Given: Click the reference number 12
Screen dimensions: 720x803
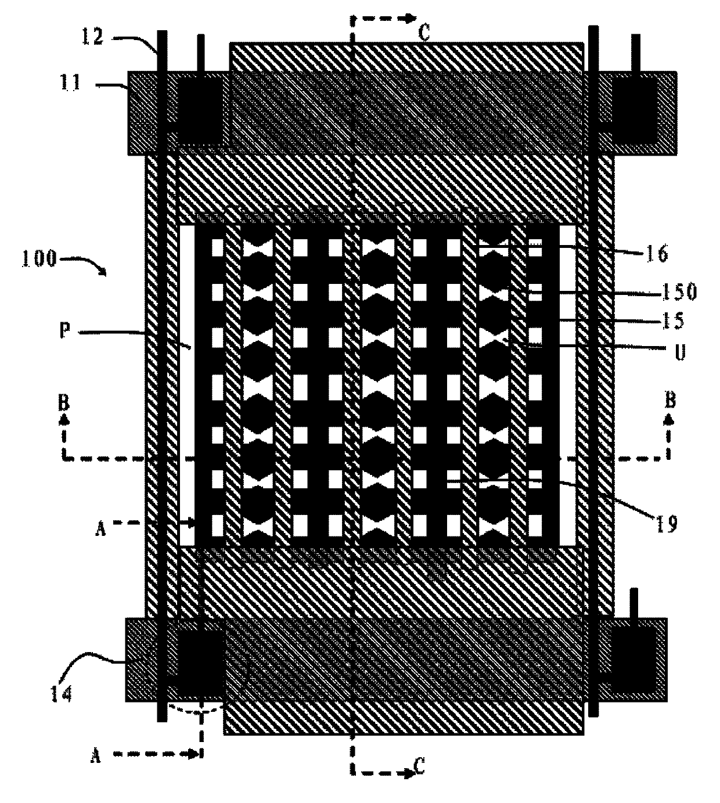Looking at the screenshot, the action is click(92, 37).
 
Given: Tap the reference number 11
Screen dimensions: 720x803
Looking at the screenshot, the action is click(71, 82).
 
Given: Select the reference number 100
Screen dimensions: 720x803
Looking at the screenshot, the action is click(38, 258).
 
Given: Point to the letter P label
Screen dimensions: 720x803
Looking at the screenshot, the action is click(64, 330).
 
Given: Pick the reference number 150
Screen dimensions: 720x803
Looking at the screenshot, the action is click(679, 292).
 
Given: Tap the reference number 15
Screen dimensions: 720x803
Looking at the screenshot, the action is click(673, 321).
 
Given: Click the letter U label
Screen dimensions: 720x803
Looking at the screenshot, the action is click(679, 352).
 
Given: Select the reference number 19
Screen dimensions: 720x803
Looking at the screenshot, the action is click(667, 525).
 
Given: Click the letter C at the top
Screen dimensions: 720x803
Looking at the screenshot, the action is click(424, 33).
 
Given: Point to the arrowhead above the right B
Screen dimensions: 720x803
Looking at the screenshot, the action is click(669, 420).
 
